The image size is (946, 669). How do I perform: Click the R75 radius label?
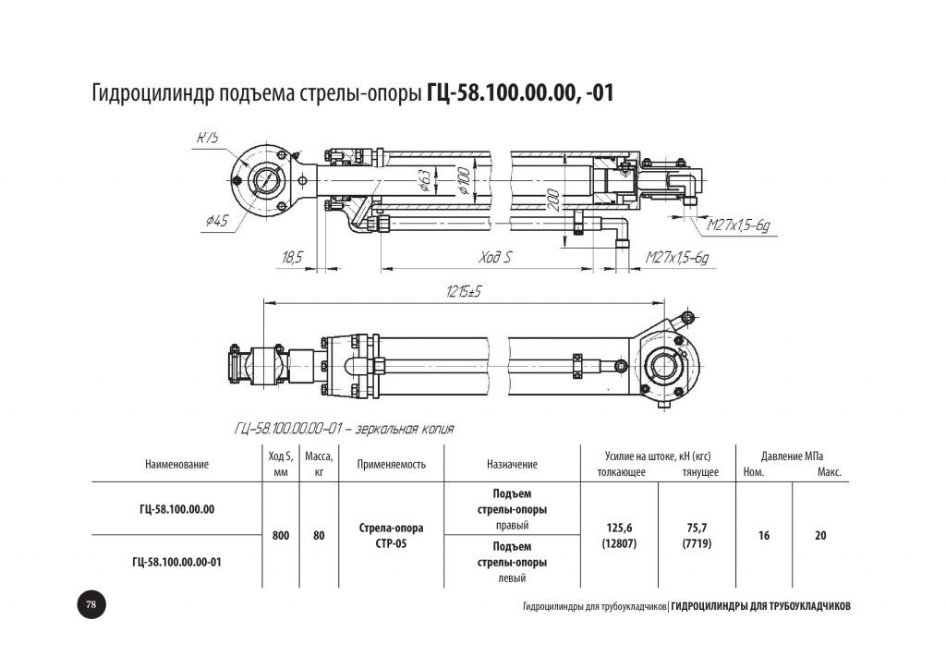click(x=207, y=139)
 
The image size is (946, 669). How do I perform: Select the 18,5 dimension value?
click(x=292, y=258)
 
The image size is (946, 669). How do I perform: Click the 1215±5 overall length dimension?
click(x=466, y=291)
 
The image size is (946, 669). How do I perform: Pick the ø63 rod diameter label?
click(x=423, y=180)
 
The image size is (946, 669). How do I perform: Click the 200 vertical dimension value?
click(x=552, y=200)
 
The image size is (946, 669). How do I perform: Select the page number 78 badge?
click(x=91, y=604)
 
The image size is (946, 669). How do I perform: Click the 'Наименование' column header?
click(x=177, y=465)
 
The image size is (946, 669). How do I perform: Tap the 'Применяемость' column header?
click(x=391, y=465)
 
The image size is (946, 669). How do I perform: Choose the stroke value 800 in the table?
click(x=282, y=534)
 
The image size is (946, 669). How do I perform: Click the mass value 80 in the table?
click(x=319, y=534)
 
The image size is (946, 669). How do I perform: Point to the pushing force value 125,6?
click(x=616, y=528)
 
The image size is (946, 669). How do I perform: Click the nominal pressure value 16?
click(x=764, y=535)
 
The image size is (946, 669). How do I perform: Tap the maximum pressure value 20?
click(x=820, y=535)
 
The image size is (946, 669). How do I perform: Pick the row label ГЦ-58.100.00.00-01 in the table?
click(x=177, y=561)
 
